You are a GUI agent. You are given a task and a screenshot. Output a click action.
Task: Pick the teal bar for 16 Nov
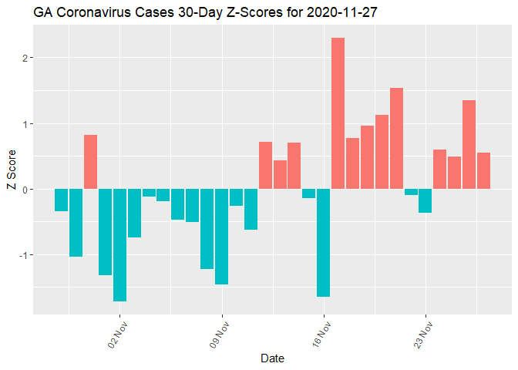pos(323,243)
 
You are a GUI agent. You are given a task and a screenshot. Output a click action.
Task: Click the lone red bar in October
pos(90,162)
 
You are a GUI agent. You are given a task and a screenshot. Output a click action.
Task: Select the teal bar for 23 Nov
pos(425,200)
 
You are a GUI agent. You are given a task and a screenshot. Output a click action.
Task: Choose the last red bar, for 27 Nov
pos(483,170)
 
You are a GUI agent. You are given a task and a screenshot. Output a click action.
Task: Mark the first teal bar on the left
pos(61,200)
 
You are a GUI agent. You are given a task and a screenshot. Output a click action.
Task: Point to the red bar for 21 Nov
pos(396,139)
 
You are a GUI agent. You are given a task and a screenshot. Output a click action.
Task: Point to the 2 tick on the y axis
pos(24,58)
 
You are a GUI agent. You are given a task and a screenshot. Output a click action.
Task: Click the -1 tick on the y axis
pos(22,255)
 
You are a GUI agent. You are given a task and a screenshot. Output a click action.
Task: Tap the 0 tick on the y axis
pos(24,190)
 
